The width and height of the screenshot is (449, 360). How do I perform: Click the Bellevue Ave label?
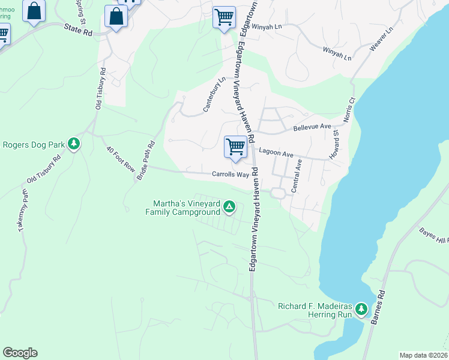(312, 127)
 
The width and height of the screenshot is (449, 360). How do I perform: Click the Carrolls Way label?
(230, 175)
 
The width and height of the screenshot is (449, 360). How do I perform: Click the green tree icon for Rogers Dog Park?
(74, 144)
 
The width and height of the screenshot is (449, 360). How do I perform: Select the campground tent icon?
(229, 208)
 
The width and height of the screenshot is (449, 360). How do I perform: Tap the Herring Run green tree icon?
(361, 309)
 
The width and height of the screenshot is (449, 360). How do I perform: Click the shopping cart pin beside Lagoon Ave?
(235, 146)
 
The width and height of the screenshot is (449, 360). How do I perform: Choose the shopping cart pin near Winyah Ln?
(224, 16)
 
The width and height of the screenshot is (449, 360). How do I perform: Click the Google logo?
(20, 353)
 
